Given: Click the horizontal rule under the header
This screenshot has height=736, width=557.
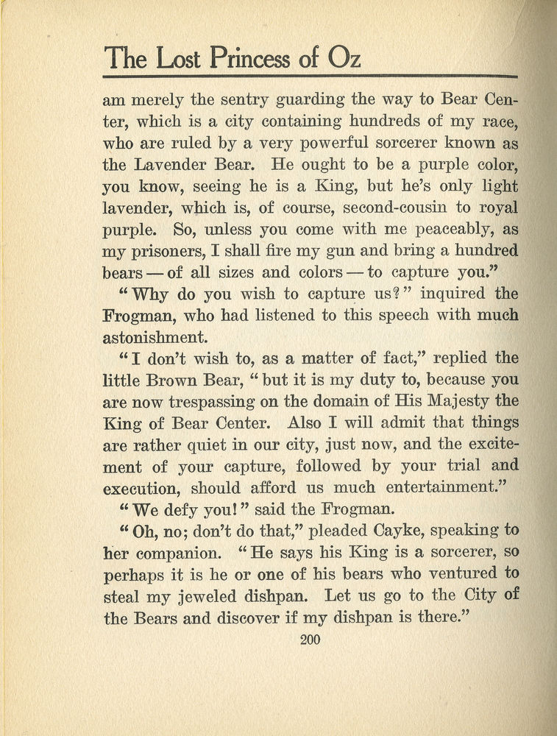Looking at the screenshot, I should (311, 76).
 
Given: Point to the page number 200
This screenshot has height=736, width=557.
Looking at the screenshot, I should (311, 640).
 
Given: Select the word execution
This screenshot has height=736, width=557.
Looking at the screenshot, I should (144, 487).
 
